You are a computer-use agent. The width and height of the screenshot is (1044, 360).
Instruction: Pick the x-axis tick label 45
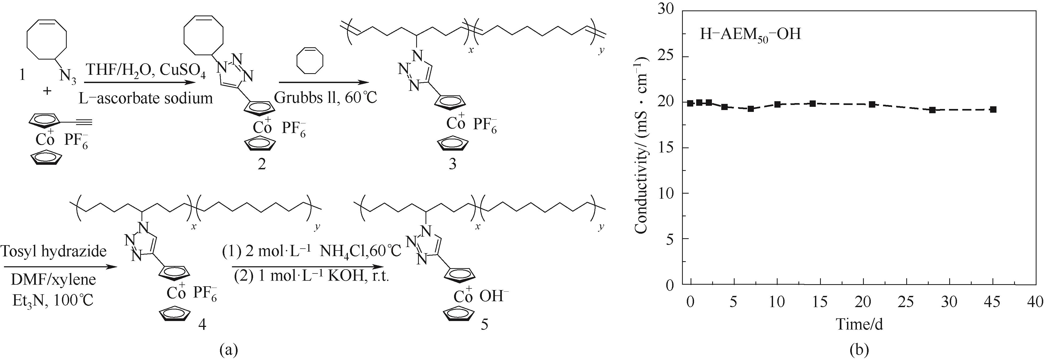click(x=992, y=302)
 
